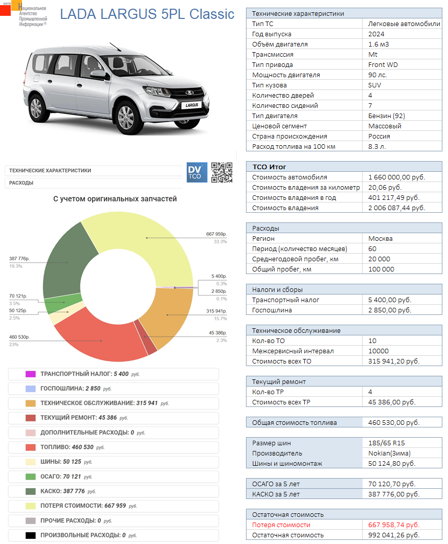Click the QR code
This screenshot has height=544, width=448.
pos(222,172)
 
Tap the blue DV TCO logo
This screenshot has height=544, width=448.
pos(197,172)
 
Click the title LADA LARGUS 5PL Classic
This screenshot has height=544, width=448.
pos(147,14)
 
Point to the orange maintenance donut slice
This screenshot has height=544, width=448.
pos(169,312)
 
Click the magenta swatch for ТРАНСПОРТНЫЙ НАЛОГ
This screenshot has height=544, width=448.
pos(30,374)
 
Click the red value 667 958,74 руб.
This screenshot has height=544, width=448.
pos(393,525)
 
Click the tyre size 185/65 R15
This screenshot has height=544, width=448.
pos(386,443)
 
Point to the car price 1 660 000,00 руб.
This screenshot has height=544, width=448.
pos(396,177)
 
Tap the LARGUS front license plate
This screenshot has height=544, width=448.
pos(192,105)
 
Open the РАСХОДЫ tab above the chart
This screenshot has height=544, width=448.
pos(21,183)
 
